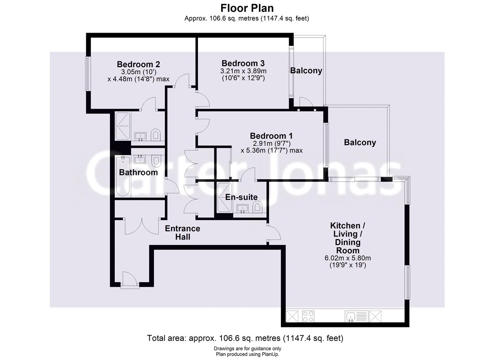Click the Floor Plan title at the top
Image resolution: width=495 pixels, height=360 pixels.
tap(247, 8)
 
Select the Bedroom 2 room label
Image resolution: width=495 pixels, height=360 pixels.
tap(138, 64)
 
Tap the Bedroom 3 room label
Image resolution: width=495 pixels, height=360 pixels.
tap(243, 64)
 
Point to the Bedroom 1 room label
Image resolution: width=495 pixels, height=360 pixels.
tap(271, 136)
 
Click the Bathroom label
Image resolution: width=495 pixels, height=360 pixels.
tap(138, 173)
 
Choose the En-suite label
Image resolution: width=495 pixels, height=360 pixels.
tap(241, 197)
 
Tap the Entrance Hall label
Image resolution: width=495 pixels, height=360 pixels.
tap(182, 233)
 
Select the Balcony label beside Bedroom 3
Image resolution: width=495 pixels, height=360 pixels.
tap(306, 71)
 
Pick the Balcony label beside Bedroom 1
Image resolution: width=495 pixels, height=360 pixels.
tap(360, 143)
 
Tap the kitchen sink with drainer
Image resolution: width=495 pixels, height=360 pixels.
tap(356, 317)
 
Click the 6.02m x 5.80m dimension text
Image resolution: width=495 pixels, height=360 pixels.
tap(345, 258)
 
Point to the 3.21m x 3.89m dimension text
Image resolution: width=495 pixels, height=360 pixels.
tap(243, 71)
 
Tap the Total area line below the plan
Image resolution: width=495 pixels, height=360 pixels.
tap(245, 339)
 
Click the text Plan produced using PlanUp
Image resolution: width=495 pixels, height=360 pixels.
tap(247, 354)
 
